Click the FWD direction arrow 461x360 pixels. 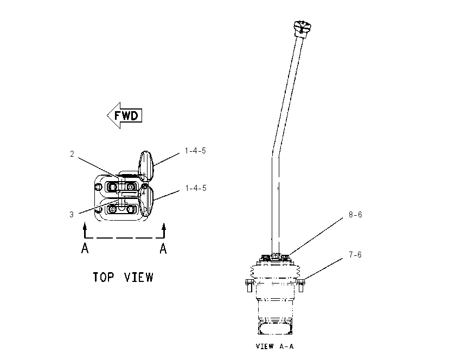click(124, 115)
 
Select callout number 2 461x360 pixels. click(72, 153)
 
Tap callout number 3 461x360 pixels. click(72, 215)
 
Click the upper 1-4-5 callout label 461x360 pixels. click(195, 151)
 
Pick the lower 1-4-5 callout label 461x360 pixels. click(196, 188)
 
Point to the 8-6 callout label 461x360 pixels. click(355, 215)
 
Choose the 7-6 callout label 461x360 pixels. click(355, 254)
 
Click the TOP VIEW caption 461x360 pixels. click(123, 277)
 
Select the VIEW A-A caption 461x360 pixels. click(274, 346)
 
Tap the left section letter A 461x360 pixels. click(85, 248)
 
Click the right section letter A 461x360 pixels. click(163, 249)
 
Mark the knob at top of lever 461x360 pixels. click(303, 28)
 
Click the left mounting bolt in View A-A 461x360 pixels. click(249, 285)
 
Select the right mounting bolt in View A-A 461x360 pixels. click(301, 285)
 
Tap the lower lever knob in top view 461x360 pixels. click(146, 201)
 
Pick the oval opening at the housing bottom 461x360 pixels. click(275, 328)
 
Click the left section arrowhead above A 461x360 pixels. click(85, 226)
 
